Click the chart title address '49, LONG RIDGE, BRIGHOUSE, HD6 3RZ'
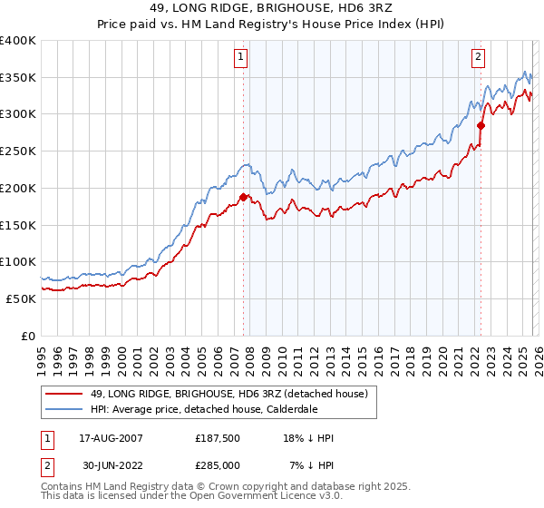272,8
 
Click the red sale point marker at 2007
243,197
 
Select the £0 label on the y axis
27,336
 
